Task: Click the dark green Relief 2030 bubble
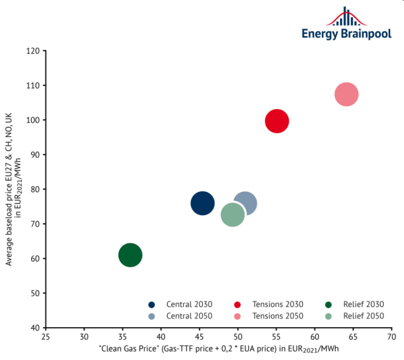(130, 255)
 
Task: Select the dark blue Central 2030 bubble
(203, 204)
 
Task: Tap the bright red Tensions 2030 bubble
(277, 121)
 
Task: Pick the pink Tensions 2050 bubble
(346, 95)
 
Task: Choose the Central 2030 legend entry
(181, 304)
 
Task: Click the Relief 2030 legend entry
(355, 304)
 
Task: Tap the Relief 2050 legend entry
(355, 316)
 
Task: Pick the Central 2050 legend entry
(181, 316)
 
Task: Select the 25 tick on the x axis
(46, 337)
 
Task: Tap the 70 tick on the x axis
(391, 337)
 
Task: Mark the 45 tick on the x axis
(161, 337)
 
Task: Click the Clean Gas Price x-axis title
(219, 349)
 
